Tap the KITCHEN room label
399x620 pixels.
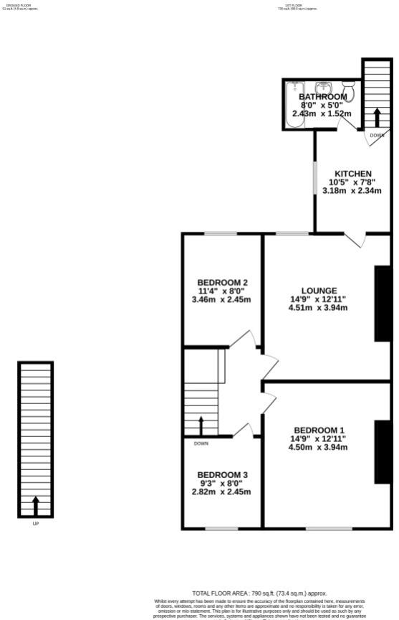click(x=353, y=174)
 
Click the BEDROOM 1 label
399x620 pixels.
click(x=318, y=430)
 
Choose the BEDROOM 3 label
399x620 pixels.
click(x=223, y=474)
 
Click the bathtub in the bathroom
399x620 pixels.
click(x=294, y=105)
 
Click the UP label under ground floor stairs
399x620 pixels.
click(x=35, y=524)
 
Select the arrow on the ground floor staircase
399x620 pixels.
click(x=35, y=506)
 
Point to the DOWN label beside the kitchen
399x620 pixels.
click(x=377, y=136)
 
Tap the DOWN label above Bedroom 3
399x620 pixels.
click(x=201, y=443)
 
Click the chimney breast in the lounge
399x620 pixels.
click(x=383, y=303)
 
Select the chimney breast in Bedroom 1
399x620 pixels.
click(x=383, y=452)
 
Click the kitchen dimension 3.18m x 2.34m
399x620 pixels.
click(x=353, y=191)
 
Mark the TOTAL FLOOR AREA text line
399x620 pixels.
click(x=259, y=593)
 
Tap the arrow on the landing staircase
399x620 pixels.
click(x=201, y=426)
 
